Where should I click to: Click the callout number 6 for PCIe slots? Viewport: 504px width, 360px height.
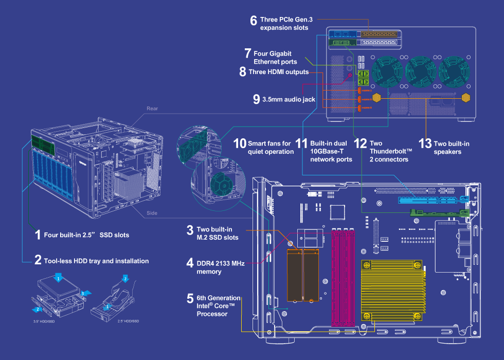254,21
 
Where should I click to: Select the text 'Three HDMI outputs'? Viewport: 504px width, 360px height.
278,72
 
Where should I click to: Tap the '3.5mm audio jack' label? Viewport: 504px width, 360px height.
288,99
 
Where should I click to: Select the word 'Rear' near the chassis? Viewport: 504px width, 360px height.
152,109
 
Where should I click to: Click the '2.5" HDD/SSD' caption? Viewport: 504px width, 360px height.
129,321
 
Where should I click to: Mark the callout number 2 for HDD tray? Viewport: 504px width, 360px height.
38,260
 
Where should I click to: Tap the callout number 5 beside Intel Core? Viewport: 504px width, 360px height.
190,299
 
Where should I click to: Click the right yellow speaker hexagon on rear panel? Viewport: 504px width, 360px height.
466,98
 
